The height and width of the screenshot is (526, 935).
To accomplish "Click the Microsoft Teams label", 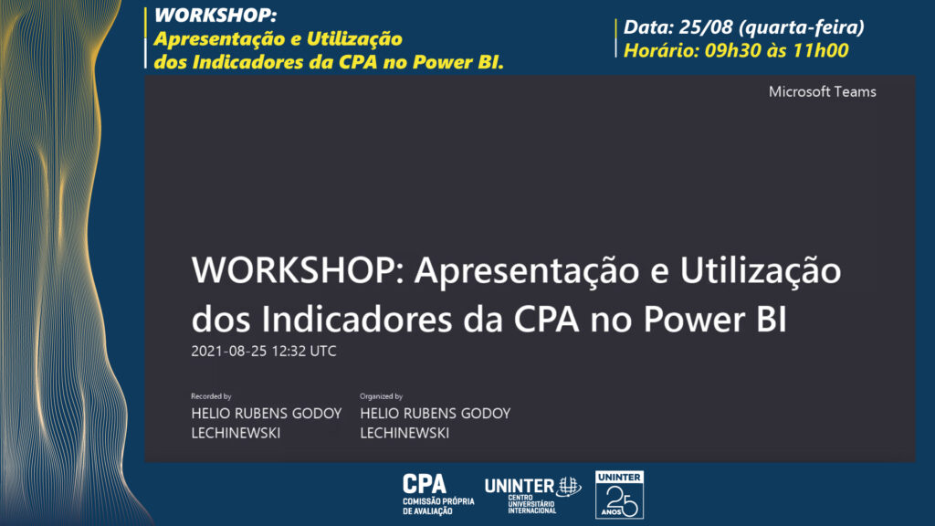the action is (822, 92).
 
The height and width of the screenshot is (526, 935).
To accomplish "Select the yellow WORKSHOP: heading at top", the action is (215, 16).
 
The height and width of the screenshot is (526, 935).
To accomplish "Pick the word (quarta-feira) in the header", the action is (802, 27).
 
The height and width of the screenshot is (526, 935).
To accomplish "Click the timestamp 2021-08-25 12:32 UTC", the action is (264, 352).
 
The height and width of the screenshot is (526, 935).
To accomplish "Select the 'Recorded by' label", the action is (211, 396).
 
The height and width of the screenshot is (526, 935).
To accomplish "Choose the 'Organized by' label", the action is (381, 396).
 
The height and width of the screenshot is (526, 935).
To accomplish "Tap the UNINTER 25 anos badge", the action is (620, 494).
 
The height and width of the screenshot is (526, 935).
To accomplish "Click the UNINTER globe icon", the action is (570, 487).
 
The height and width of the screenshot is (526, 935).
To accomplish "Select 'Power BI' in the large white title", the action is (714, 319).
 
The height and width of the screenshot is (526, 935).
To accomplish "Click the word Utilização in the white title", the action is (761, 271).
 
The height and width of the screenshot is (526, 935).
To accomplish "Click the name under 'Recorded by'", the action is (266, 423).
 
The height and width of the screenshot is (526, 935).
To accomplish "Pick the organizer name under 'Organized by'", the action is (435, 423).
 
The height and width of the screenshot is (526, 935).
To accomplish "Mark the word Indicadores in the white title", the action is (357, 319).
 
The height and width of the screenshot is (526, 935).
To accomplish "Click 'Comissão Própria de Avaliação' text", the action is (438, 506).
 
